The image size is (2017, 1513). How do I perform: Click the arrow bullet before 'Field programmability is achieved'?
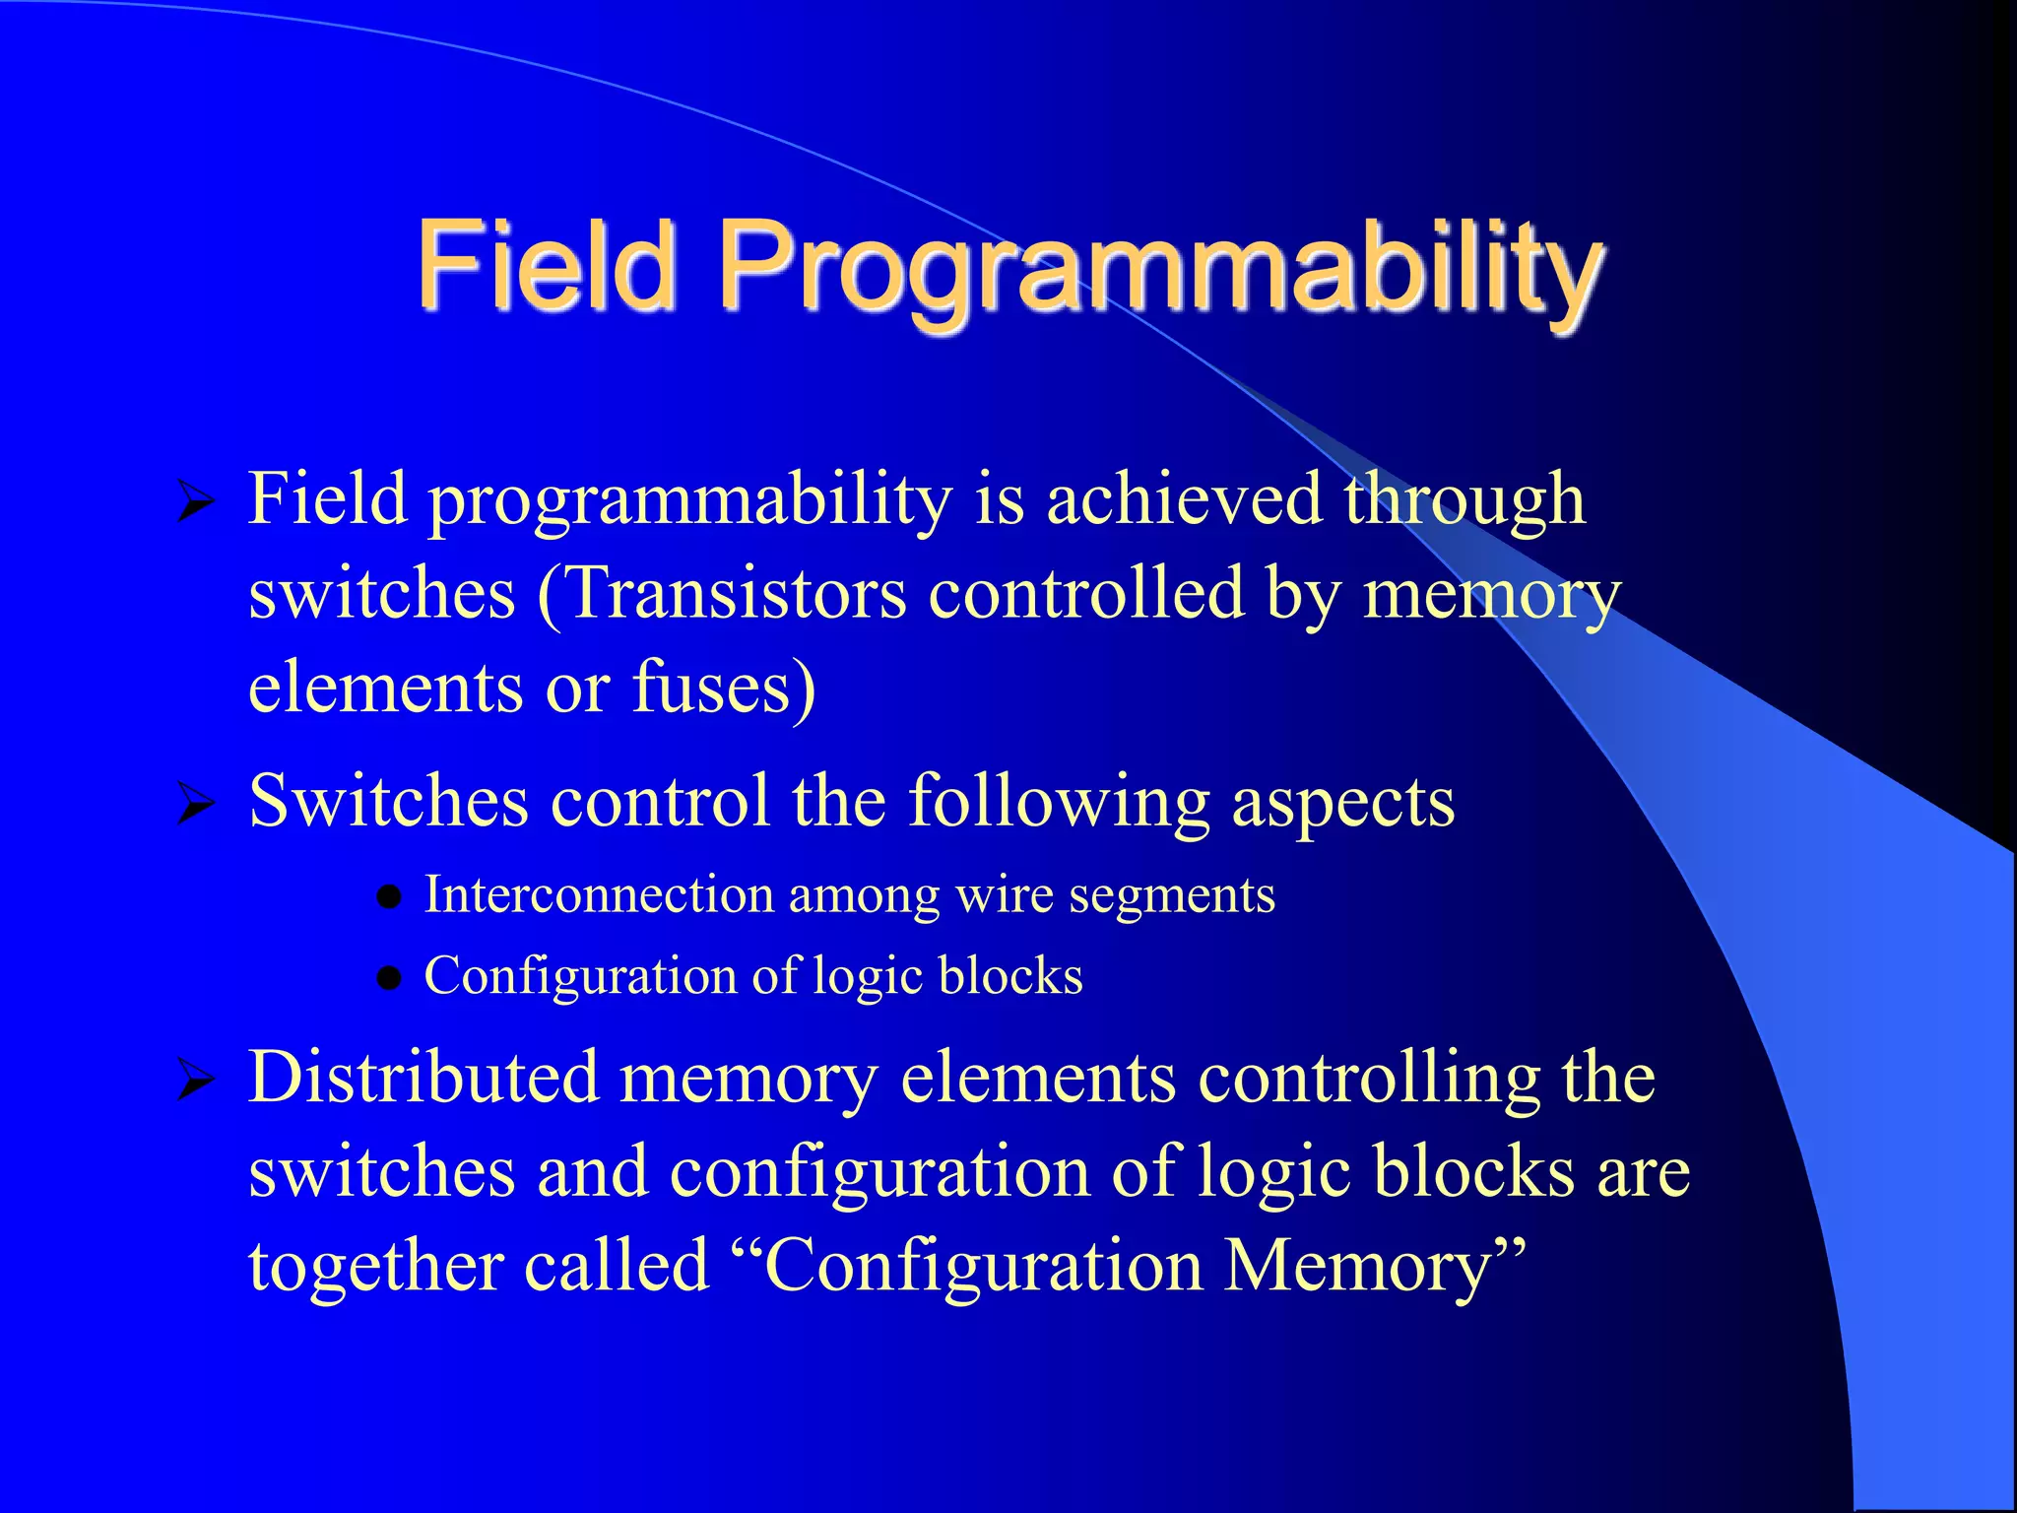click(195, 502)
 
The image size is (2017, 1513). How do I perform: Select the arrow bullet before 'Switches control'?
click(195, 804)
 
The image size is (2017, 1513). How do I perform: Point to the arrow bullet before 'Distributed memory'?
click(195, 1081)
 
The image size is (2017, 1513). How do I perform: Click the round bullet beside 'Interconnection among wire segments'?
click(390, 897)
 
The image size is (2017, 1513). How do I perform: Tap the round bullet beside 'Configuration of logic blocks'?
click(390, 978)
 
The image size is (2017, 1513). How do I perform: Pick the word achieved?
click(1183, 498)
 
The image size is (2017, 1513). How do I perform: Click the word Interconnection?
click(599, 895)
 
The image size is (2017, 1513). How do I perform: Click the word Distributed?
click(423, 1077)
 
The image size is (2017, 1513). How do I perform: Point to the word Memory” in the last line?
click(1374, 1266)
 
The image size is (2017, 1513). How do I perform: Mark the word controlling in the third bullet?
click(1368, 1079)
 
